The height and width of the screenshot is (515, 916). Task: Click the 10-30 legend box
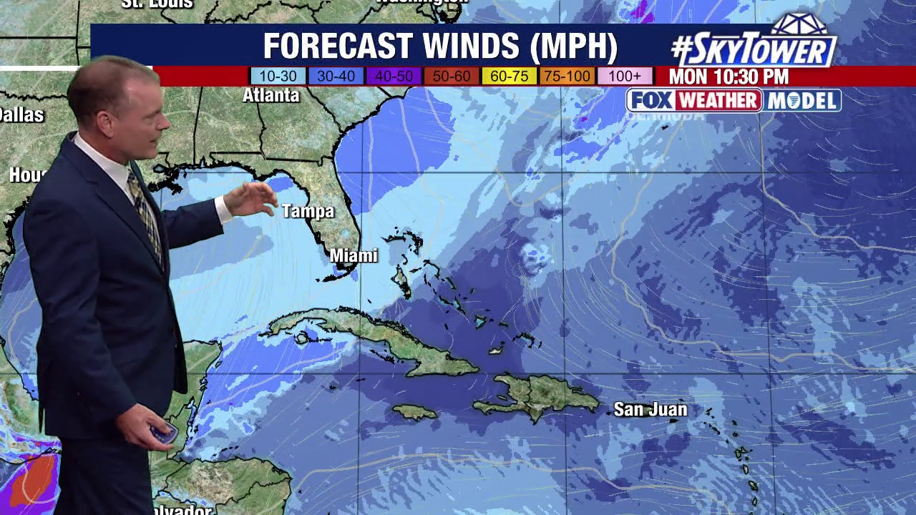pos(278,77)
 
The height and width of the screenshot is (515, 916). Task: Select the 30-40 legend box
pos(336,77)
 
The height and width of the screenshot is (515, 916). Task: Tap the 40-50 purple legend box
pos(394,77)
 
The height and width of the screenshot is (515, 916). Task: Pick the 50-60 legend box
pos(452,77)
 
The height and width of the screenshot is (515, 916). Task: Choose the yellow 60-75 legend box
pos(510,77)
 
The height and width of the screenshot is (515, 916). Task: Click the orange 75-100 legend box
pos(567,77)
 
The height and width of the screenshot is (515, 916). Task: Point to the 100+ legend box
pos(625,77)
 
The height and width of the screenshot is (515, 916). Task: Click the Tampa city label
pos(308,211)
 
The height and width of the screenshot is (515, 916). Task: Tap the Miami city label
pos(354,255)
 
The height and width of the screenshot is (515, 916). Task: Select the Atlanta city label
pos(271,95)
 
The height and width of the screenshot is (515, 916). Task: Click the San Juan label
pos(651,409)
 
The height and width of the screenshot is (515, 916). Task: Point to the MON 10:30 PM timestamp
pos(729,77)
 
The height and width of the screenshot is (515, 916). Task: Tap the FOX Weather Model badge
pos(734,101)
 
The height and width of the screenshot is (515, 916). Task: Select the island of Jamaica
pos(414,411)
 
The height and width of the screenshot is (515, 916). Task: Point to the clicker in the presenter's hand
pos(164,433)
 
